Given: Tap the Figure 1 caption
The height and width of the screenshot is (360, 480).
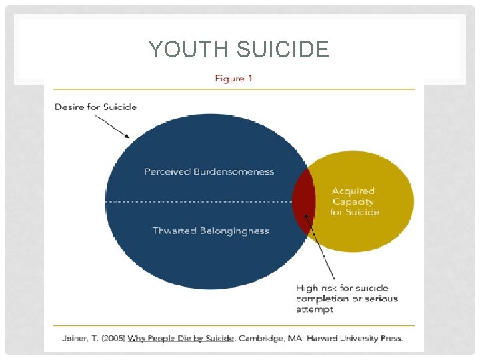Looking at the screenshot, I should point(233,79).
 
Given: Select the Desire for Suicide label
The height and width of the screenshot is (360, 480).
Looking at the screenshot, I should point(95,107).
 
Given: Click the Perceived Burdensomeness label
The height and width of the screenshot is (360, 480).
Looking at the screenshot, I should point(209,171).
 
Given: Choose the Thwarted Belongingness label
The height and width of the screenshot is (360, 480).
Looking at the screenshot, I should point(211,231).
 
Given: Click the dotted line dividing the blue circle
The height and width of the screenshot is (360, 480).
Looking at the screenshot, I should point(200,201).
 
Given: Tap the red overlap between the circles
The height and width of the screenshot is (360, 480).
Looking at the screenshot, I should point(303,201).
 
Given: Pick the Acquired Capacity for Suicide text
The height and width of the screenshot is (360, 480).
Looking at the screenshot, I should point(354,201).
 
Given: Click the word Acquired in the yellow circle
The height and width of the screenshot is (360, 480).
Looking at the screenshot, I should point(354,191).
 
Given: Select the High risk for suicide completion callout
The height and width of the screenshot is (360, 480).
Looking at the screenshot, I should point(347,298).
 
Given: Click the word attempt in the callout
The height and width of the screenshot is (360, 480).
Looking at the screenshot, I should point(315,309).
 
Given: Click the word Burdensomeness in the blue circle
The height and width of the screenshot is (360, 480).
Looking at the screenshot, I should point(233,171).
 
